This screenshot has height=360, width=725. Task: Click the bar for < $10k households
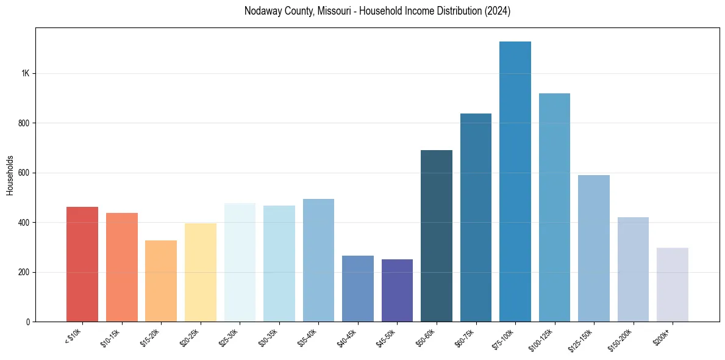82,264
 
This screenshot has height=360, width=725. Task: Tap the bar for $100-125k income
554,207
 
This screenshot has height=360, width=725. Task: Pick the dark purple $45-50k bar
397,290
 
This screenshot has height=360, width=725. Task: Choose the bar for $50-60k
437,236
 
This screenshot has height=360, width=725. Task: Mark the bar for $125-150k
594,248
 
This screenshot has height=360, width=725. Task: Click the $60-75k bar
476,217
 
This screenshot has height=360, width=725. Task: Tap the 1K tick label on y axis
25,73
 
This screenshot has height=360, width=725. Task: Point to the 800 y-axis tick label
24,123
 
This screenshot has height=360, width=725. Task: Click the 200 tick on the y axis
24,272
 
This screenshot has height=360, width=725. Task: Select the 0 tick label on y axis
27,322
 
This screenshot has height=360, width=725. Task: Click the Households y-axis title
10,175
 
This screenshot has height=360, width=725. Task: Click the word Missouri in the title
334,11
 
